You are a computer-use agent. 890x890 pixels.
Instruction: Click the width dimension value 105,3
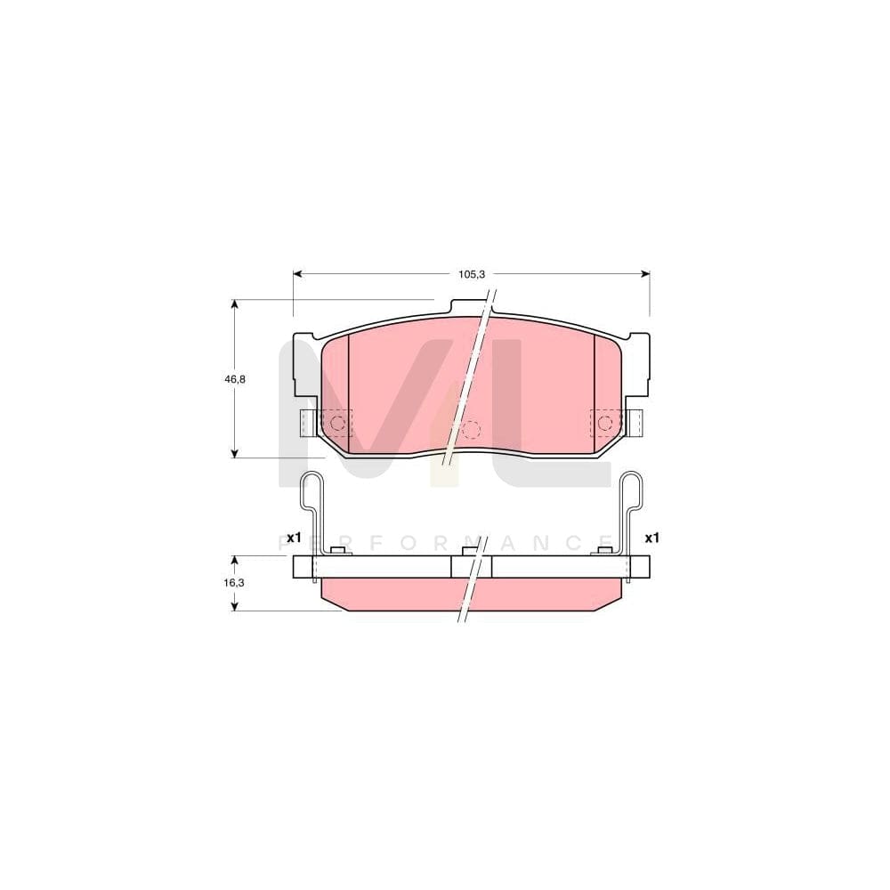coord(471,274)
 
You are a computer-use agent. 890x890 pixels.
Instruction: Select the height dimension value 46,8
coord(235,379)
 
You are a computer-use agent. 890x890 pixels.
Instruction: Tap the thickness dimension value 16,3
coord(233,582)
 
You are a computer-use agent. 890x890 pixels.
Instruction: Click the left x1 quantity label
coord(295,538)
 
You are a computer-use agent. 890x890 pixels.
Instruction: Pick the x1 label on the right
coord(651,538)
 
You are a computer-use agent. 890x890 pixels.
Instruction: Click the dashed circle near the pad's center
coord(471,430)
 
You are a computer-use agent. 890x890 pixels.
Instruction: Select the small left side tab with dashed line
coord(308,423)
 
